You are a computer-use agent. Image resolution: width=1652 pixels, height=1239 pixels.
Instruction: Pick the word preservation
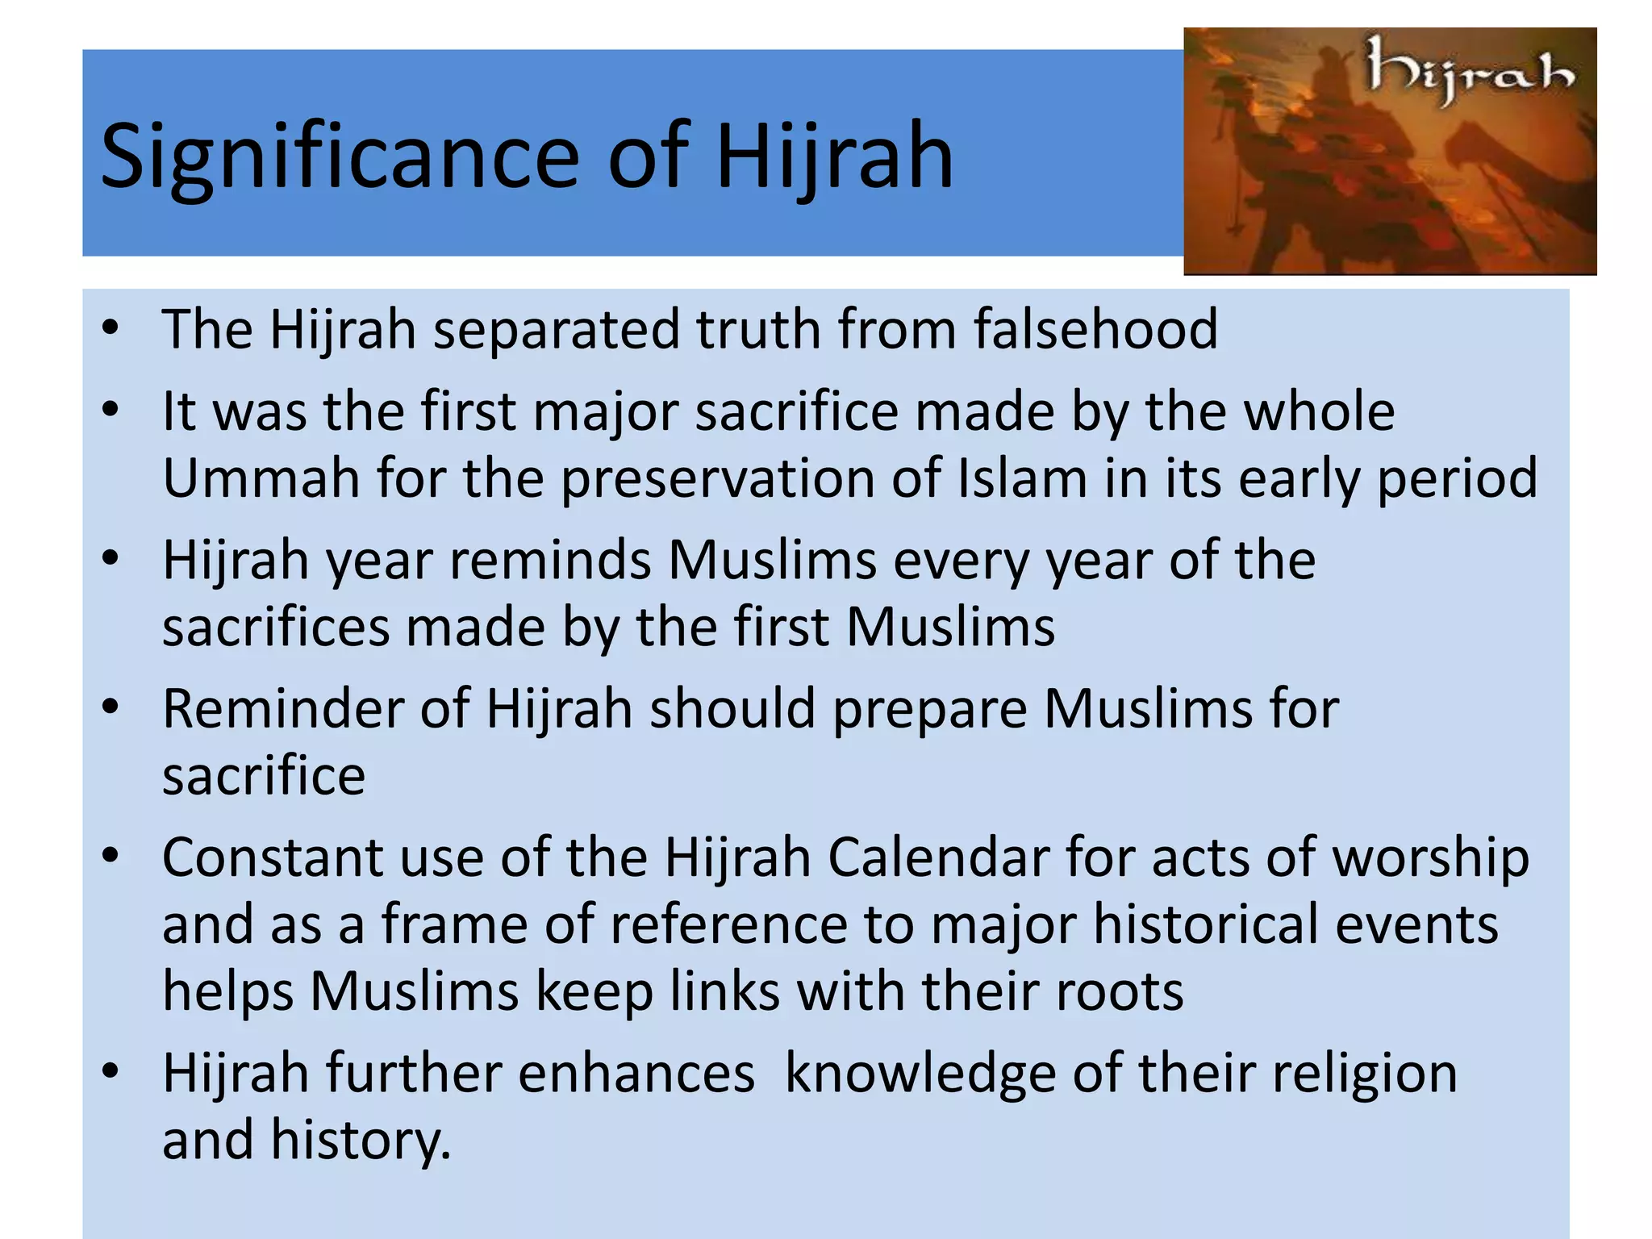717,478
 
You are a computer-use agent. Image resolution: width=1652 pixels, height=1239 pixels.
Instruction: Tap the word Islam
1022,478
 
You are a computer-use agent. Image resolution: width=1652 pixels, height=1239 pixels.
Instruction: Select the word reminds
550,560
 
